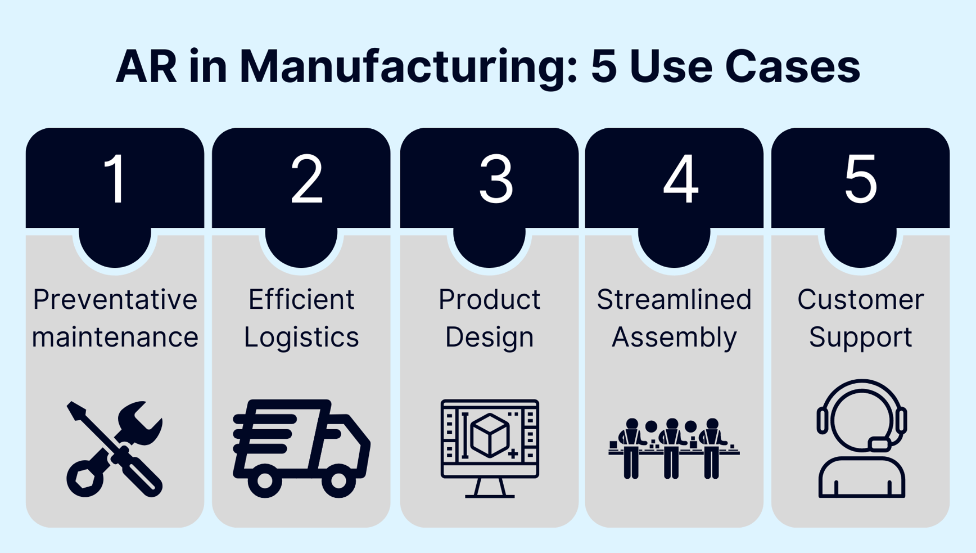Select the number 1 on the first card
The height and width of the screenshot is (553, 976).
pyautogui.click(x=116, y=179)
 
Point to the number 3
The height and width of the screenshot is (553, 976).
pyautogui.click(x=496, y=179)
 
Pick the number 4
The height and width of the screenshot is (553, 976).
pyautogui.click(x=680, y=179)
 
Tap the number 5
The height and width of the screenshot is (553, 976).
pyautogui.click(x=861, y=179)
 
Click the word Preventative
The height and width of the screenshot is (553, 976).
pyautogui.click(x=115, y=299)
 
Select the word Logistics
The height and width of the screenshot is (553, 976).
pyautogui.click(x=301, y=337)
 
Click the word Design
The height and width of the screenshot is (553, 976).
pyautogui.click(x=489, y=337)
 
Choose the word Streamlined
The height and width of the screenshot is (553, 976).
pyautogui.click(x=674, y=299)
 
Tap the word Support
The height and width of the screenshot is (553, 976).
pyautogui.click(x=860, y=337)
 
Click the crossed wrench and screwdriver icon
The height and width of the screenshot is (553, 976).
pyautogui.click(x=115, y=448)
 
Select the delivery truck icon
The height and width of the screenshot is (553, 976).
pyautogui.click(x=301, y=448)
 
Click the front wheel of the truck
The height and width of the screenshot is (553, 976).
pyautogui.click(x=338, y=481)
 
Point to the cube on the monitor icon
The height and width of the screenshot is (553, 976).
pyautogui.click(x=490, y=434)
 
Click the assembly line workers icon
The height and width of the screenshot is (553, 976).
pyautogui.click(x=674, y=448)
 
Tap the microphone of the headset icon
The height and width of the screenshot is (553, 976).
pyautogui.click(x=879, y=444)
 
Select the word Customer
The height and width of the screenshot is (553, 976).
pyautogui.click(x=860, y=299)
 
